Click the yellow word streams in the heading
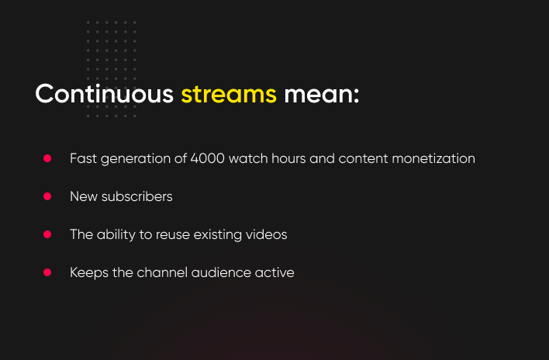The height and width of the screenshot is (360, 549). pos(229,95)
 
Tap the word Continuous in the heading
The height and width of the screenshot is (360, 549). pos(105,94)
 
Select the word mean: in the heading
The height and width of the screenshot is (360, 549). pos(322,95)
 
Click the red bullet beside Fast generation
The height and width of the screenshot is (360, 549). pos(47,158)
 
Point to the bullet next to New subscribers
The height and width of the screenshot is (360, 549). pos(47,196)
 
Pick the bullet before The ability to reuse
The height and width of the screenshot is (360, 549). pos(47,234)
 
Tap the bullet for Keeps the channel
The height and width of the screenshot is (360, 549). pos(47,272)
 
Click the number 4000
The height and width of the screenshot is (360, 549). pos(207,158)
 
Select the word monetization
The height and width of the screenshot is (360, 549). pos(433,158)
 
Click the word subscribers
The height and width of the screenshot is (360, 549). pos(137,196)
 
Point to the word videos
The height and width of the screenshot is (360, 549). pos(267,234)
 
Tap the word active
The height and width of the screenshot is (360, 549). pos(274,272)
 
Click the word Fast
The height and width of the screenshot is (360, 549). pos(83,158)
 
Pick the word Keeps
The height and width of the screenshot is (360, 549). pos(89,273)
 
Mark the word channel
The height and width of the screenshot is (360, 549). pos(162,272)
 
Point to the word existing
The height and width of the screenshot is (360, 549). pos(217,234)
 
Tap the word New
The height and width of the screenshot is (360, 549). pos(84,196)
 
